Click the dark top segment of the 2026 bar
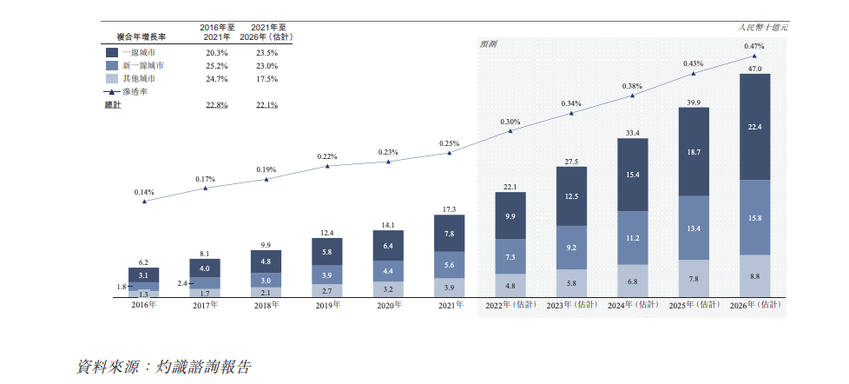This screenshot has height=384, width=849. pos(755,127)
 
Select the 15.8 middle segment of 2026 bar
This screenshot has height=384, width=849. pos(755,217)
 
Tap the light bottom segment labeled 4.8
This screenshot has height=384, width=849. pos(510,285)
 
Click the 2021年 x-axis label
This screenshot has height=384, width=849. pos(449,305)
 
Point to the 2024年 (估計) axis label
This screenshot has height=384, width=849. pos(633,305)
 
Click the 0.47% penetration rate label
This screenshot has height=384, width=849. pos(754,46)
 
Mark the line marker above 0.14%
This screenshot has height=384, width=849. pos(144,201)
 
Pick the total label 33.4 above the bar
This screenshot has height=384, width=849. pos(632,133)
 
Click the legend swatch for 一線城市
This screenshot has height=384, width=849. pos(111,51)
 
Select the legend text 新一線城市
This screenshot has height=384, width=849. pos(142,65)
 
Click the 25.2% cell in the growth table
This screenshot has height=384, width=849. pos(216,65)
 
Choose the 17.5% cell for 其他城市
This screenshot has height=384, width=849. pos(266,79)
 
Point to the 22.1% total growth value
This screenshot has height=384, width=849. pos(266,105)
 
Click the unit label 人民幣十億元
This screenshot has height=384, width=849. pos(763,29)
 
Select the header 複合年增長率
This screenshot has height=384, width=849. pos(141,36)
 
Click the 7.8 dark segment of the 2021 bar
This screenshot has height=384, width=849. pos(449,234)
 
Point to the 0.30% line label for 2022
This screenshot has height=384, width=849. pos(510,122)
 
